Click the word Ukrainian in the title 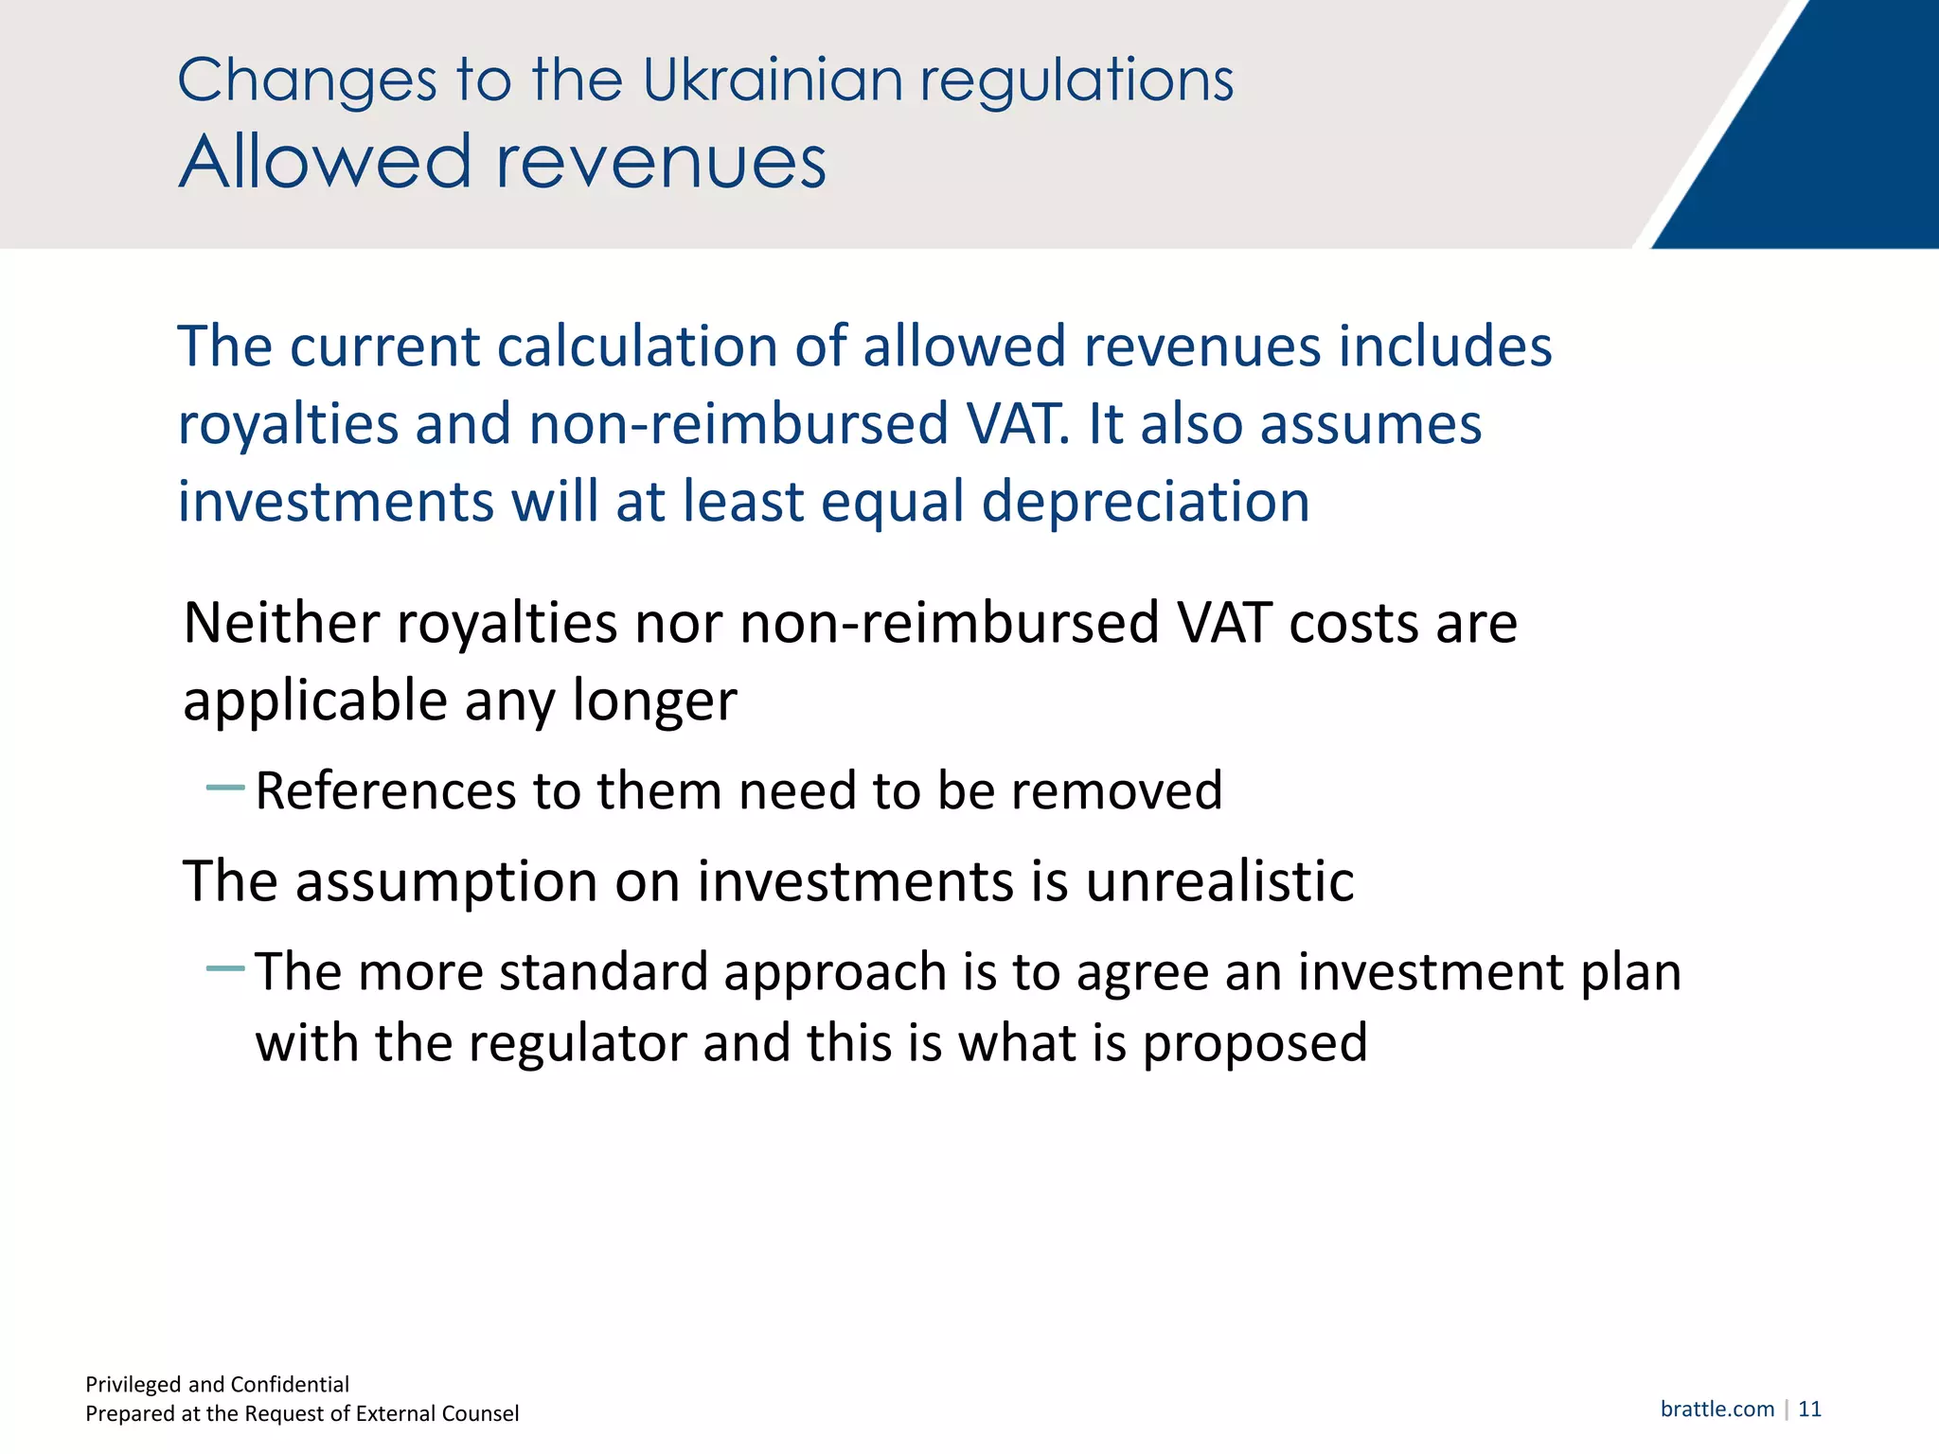click(x=773, y=80)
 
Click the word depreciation click(x=1145, y=502)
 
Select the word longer click(x=654, y=702)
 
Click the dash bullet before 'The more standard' click(x=225, y=968)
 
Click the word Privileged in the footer click(x=133, y=1385)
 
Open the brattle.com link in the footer click(x=1717, y=1409)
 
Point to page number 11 click(x=1809, y=1409)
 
